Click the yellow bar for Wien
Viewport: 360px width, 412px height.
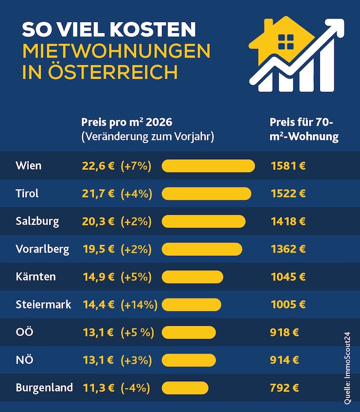(208, 166)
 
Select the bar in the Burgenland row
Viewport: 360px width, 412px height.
(185, 388)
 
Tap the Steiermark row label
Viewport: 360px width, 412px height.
(43, 305)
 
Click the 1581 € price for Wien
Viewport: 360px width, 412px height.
(288, 166)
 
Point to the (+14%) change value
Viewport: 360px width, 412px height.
(139, 305)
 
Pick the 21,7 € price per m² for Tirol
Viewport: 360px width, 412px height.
(98, 194)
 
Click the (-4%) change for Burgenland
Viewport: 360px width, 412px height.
(135, 388)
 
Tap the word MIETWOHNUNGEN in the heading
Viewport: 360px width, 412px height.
(117, 51)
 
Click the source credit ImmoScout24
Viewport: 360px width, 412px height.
(347, 368)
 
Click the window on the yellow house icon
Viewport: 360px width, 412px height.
(286, 42)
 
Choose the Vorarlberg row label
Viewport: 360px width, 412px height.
(42, 249)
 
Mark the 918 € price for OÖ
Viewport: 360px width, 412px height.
(284, 332)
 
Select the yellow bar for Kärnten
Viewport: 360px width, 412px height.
(192, 277)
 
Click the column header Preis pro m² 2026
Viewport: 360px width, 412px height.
(127, 122)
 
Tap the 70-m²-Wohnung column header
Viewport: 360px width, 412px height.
(304, 129)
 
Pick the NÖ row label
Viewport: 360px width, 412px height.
(25, 360)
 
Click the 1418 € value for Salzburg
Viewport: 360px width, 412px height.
(288, 221)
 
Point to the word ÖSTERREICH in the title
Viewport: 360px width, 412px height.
(113, 71)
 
